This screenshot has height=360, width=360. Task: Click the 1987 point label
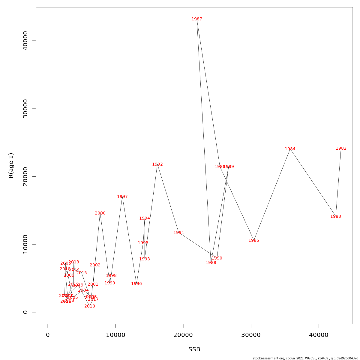coord(197,19)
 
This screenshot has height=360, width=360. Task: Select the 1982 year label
coord(341,148)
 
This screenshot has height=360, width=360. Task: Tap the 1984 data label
coord(290,149)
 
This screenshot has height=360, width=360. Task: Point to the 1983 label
coord(336,217)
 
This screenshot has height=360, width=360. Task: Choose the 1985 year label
coord(254,241)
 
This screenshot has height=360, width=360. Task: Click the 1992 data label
coord(157,164)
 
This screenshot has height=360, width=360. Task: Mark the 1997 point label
coord(122,197)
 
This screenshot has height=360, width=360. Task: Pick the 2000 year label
coord(100,213)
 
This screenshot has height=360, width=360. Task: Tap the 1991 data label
coord(179,233)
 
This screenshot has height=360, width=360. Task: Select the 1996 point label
coord(136,284)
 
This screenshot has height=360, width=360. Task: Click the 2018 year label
coord(90,306)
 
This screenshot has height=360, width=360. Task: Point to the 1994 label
coord(145,218)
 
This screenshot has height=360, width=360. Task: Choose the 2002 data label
coord(95,265)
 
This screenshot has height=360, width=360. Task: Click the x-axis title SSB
coord(194,349)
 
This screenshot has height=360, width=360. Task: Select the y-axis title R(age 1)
coord(11,165)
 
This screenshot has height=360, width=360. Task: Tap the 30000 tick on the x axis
coord(251,335)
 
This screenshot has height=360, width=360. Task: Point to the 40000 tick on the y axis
coord(25,41)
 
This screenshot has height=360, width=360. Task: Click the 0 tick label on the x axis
coord(48,335)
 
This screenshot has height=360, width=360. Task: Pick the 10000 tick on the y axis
coord(25,244)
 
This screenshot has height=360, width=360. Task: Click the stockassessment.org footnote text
coord(305,358)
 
